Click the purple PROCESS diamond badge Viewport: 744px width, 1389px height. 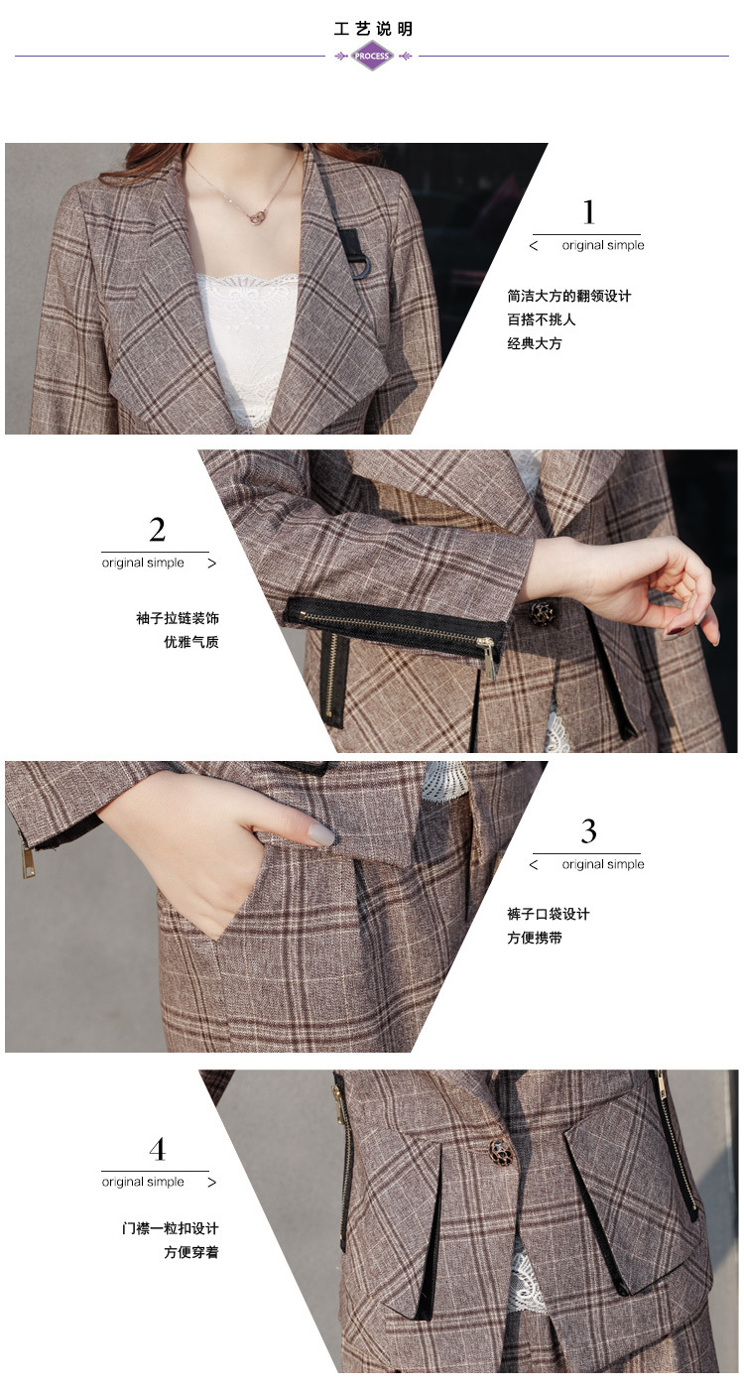point(371,56)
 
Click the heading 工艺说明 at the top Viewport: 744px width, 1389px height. point(373,29)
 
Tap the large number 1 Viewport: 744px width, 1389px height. point(588,211)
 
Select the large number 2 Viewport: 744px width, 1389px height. point(157,530)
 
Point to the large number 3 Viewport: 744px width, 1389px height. point(588,831)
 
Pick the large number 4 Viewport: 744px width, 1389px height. point(157,1149)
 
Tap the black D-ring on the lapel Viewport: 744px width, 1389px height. point(359,267)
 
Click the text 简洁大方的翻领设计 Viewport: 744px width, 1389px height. point(569,296)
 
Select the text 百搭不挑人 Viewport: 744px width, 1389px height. point(542,319)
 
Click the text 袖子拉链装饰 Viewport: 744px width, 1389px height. point(178,617)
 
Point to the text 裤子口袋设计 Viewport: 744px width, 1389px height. point(548,914)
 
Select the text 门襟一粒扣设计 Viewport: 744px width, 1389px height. point(170,1228)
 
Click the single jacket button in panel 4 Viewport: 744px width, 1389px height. point(501,1151)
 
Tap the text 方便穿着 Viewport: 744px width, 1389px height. point(190,1252)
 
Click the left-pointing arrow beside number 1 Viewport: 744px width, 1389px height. point(534,246)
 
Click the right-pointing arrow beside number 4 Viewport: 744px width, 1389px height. point(212,1182)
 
